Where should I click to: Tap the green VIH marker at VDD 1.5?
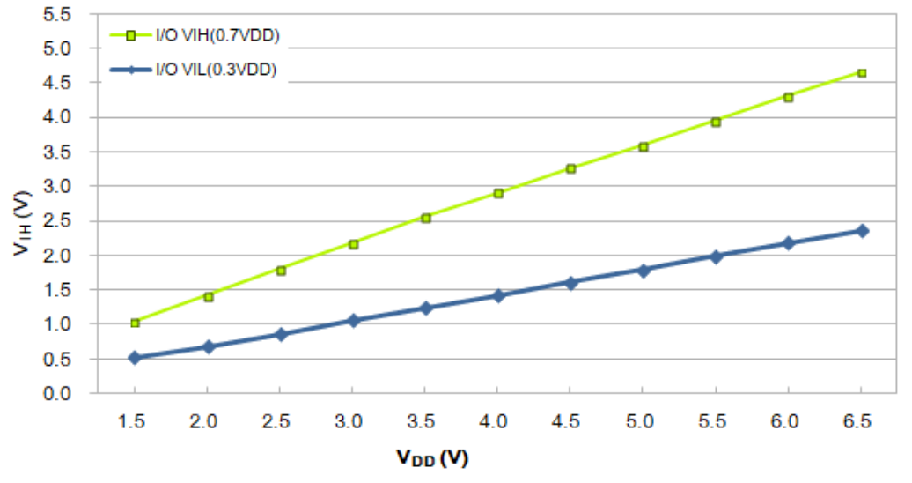pos(135,323)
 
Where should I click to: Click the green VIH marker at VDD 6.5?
pos(862,73)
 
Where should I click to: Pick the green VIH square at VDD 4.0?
pos(498,193)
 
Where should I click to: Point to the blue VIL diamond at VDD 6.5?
pos(862,230)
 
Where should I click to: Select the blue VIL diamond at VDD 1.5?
pos(135,357)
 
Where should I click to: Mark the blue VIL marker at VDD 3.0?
pos(353,320)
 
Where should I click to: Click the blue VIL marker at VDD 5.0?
pos(644,270)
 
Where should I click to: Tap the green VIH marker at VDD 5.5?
pos(717,122)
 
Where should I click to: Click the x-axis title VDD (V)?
pos(430,457)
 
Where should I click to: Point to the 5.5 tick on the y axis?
pos(69,14)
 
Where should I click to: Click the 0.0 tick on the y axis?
pos(69,393)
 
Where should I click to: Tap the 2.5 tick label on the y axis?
pos(69,221)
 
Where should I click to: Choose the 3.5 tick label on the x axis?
pos(425,421)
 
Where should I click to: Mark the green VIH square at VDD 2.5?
pos(281,271)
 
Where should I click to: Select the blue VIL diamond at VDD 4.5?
pos(571,283)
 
